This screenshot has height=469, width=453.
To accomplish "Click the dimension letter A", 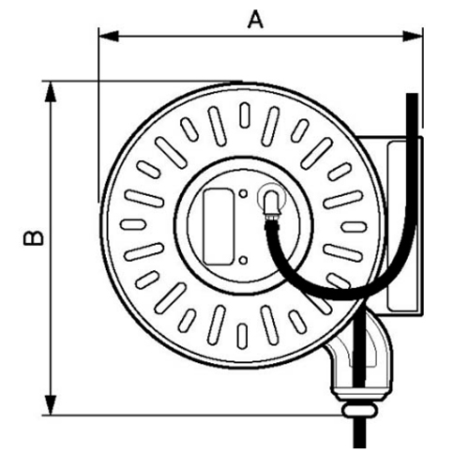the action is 256,20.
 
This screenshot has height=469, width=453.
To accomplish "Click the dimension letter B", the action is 34,238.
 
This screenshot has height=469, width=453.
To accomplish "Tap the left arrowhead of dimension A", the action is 108,37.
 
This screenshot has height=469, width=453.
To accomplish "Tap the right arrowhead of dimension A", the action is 413,37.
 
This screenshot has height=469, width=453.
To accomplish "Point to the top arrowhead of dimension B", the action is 51,92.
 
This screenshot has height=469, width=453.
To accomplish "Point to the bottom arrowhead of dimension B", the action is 51,405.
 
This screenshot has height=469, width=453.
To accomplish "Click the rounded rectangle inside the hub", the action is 219,227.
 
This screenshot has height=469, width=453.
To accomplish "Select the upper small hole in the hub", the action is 243,194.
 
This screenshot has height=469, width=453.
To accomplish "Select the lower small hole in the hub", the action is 243,260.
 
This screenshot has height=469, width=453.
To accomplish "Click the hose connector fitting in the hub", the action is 272,204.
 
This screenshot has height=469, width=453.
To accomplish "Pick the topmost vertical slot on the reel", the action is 245,115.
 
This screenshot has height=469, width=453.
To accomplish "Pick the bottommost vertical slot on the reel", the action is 242,337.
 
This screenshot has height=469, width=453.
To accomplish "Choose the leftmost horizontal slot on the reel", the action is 133,224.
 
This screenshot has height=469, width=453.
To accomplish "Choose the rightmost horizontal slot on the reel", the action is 354,227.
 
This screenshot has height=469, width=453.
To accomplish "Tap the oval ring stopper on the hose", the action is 359,410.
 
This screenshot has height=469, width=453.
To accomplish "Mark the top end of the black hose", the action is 412,94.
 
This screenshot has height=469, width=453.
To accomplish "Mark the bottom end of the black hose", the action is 359,447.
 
